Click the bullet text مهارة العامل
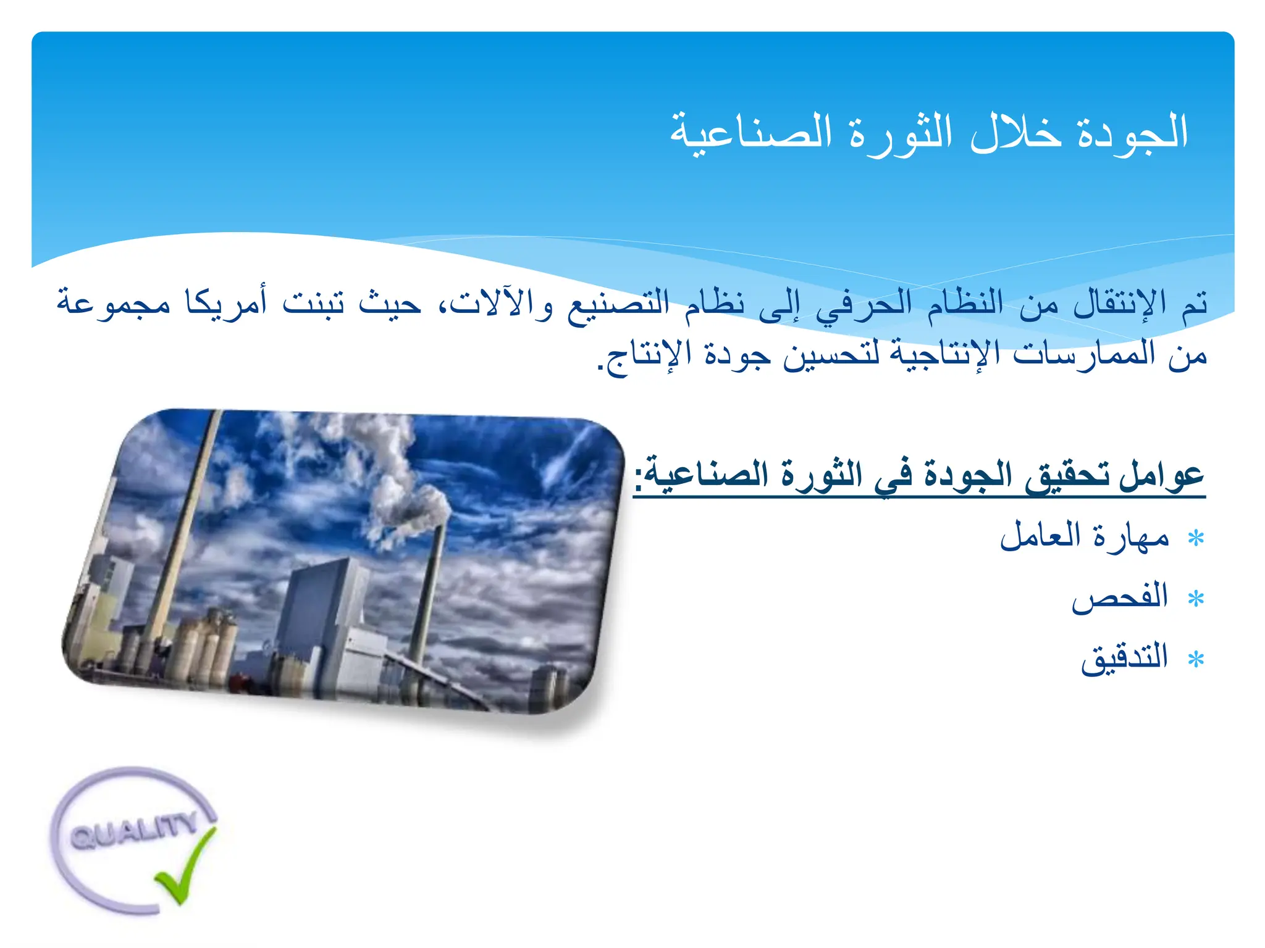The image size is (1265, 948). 1085,536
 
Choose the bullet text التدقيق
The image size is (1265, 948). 1124,658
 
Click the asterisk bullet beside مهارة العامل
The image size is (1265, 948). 1196,538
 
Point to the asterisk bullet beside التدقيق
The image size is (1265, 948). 1196,660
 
